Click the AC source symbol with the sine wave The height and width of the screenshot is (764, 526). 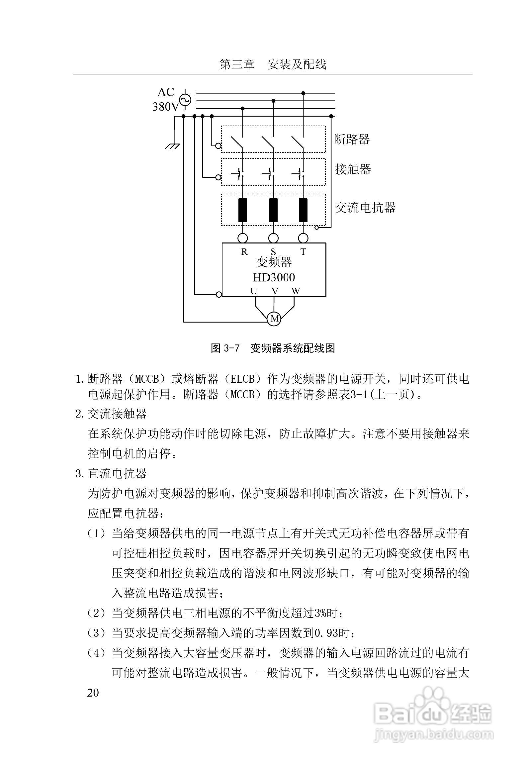pyautogui.click(x=185, y=100)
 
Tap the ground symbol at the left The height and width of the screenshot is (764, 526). pyautogui.click(x=172, y=146)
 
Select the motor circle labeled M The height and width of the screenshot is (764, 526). pyautogui.click(x=274, y=319)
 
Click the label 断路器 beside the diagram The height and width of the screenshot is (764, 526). pyautogui.click(x=352, y=139)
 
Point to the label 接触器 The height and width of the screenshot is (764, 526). pyautogui.click(x=353, y=169)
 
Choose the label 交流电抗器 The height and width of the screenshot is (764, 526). pyautogui.click(x=365, y=208)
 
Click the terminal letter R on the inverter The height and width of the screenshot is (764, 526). pyautogui.click(x=244, y=252)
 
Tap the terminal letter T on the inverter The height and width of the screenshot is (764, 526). pyautogui.click(x=303, y=252)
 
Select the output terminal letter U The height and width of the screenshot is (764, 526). pyautogui.click(x=254, y=291)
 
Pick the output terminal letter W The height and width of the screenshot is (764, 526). pyautogui.click(x=296, y=291)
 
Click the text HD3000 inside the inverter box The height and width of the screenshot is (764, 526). pyautogui.click(x=274, y=277)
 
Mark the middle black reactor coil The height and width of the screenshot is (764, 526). pyautogui.click(x=273, y=210)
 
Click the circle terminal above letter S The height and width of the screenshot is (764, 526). pyautogui.click(x=273, y=238)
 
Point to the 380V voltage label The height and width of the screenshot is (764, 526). pyautogui.click(x=165, y=107)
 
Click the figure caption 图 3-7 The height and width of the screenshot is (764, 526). pyautogui.click(x=225, y=348)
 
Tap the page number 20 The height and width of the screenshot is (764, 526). pyautogui.click(x=93, y=693)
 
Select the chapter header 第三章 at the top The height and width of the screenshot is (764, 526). pyautogui.click(x=237, y=64)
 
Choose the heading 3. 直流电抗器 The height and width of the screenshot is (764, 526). pyautogui.click(x=112, y=474)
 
